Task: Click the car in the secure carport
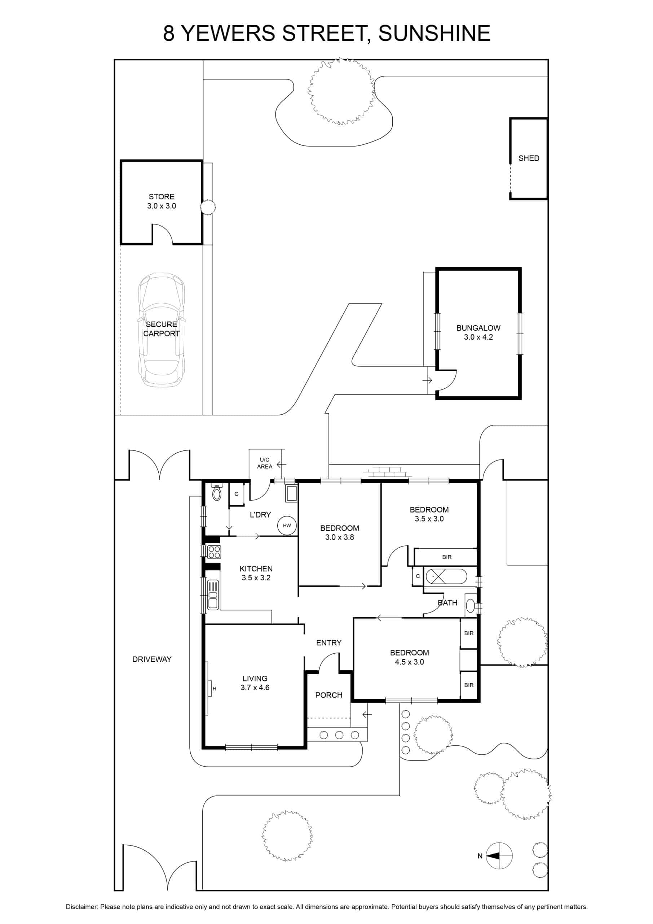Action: click(162, 330)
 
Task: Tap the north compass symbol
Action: click(499, 855)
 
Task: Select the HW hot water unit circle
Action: click(287, 525)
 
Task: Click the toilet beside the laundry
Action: click(217, 493)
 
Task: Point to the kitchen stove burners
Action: click(214, 552)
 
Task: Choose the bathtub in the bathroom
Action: click(446, 577)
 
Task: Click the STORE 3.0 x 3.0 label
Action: click(162, 201)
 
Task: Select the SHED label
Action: click(529, 158)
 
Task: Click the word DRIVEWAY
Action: click(152, 659)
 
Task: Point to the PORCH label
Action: click(329, 695)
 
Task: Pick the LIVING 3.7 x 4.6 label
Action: click(255, 683)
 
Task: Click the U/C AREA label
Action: click(265, 463)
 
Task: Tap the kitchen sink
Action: click(213, 594)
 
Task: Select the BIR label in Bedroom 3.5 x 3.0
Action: click(447, 557)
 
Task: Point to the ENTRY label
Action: click(329, 643)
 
